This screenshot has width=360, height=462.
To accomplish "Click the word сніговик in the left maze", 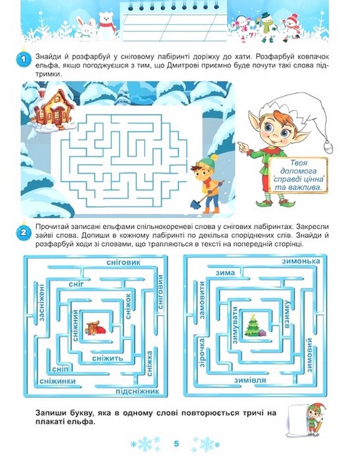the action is [124, 262].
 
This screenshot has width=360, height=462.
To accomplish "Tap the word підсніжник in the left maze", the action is [137, 392].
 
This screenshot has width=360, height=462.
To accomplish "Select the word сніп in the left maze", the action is [60, 370].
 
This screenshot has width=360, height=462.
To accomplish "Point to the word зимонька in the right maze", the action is [300, 261].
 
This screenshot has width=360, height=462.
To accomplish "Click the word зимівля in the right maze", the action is [250, 380].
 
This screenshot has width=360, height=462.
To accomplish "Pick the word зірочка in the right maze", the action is [202, 353].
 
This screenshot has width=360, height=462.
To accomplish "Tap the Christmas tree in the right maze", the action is [253, 326].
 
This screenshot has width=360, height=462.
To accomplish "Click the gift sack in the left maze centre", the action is [94, 328].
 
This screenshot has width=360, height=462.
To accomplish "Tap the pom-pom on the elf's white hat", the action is [328, 146].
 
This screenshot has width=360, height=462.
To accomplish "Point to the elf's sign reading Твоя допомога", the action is [298, 176].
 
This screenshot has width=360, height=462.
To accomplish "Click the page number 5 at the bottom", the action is [176, 444].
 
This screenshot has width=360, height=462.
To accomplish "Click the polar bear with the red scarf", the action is [107, 25].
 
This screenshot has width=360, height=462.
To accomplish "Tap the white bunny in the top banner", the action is [85, 28].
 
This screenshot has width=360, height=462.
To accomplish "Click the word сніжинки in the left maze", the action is [58, 381].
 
